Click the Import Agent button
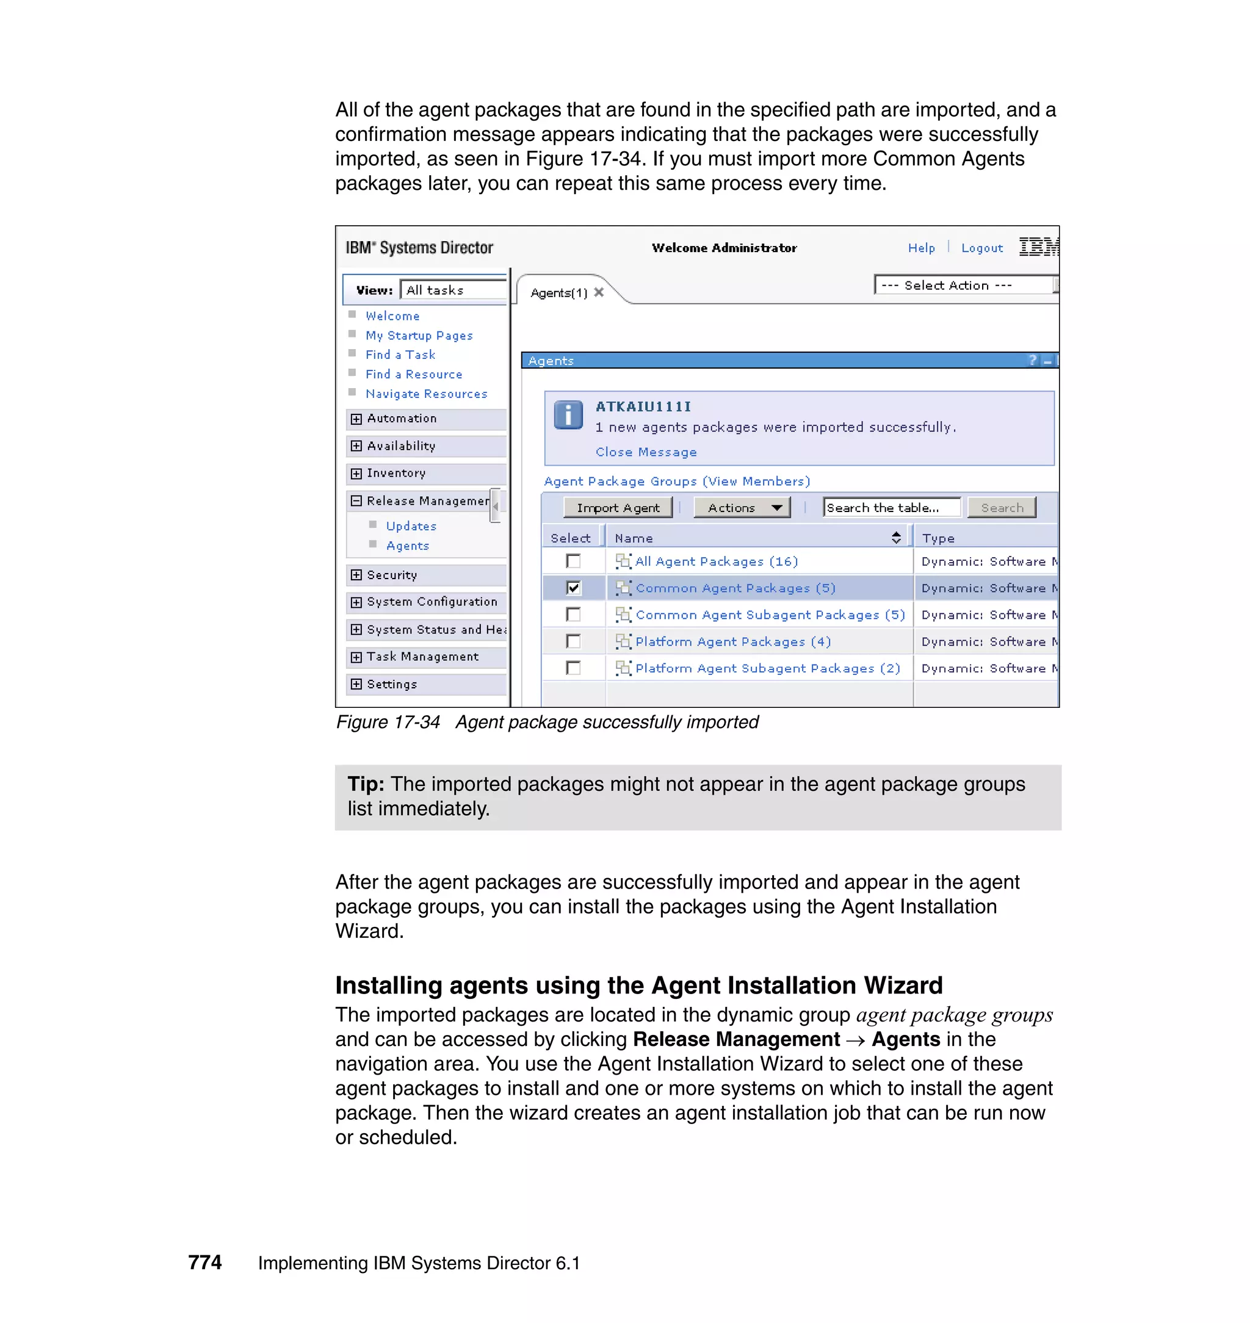[x=618, y=508]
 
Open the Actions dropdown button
[x=741, y=508]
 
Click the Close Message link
[x=646, y=452]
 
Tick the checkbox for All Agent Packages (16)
[x=573, y=561]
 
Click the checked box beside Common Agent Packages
[x=573, y=588]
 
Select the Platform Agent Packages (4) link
[x=732, y=641]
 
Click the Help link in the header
[x=921, y=248]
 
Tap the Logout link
[x=981, y=248]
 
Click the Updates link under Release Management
[x=411, y=525]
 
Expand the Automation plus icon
[x=356, y=419]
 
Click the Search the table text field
[x=891, y=508]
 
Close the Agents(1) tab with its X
[x=598, y=292]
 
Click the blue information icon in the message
[x=568, y=416]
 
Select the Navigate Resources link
[x=426, y=394]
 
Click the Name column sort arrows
[x=896, y=538]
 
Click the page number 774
[x=204, y=1263]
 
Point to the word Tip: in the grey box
[x=365, y=784]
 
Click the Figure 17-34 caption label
[x=388, y=722]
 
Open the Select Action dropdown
[x=965, y=285]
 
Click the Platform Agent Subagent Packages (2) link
[x=767, y=668]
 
